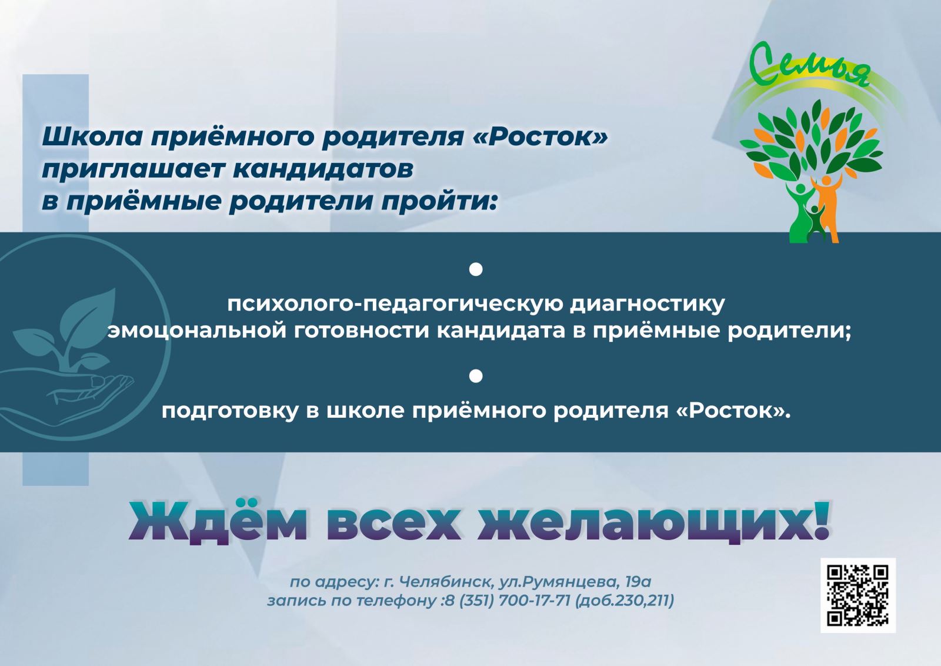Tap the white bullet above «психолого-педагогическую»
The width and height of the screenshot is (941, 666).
[x=476, y=270]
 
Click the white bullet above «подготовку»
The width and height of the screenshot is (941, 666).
[x=476, y=376]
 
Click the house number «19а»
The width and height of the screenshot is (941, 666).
[x=638, y=581]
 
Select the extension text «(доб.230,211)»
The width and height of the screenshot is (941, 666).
[x=624, y=601]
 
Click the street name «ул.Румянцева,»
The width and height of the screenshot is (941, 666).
[x=559, y=582]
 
